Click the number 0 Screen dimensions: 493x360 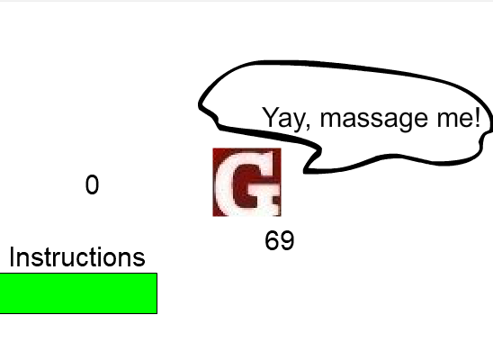tap(92, 184)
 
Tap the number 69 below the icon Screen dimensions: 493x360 tap(280, 240)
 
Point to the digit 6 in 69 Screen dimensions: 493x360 tap(273, 240)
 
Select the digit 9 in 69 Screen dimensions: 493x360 tap(287, 240)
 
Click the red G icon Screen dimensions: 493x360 tap(246, 183)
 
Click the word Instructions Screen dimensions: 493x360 tap(77, 257)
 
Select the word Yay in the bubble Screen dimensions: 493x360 tap(283, 118)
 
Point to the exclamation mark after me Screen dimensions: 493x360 tap(478, 117)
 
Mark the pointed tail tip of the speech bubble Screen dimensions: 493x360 tap(304, 173)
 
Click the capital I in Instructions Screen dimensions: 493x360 tap(12, 257)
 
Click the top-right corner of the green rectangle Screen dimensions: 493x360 tap(157, 274)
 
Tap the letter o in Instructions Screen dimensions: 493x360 tap(116, 260)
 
